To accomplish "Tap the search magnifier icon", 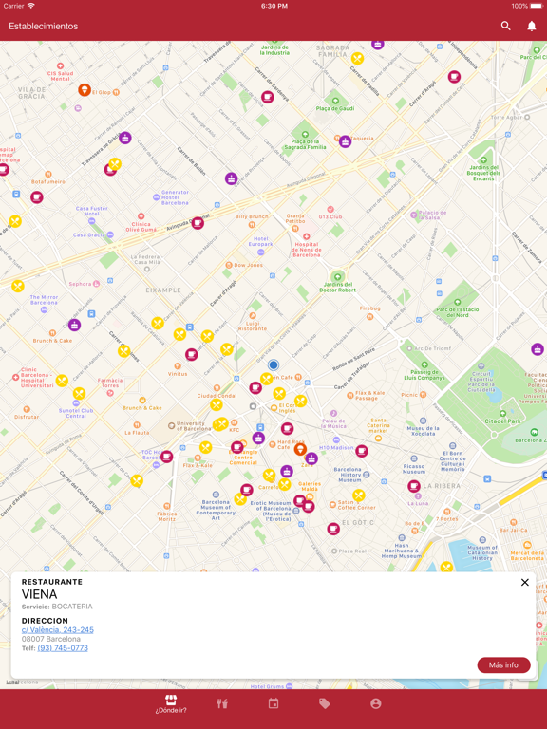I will pyautogui.click(x=506, y=27).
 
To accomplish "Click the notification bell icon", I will pyautogui.click(x=532, y=27).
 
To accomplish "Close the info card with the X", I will pyautogui.click(x=525, y=583).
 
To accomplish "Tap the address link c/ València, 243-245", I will pyautogui.click(x=58, y=630).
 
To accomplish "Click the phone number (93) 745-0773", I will pyautogui.click(x=63, y=648).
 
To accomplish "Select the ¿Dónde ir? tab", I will pyautogui.click(x=171, y=703).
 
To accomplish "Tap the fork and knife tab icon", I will pyautogui.click(x=222, y=704).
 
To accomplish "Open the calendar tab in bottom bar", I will pyautogui.click(x=273, y=704).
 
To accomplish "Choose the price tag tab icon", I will pyautogui.click(x=325, y=704).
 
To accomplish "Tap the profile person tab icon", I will pyautogui.click(x=376, y=704).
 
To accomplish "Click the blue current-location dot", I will pyautogui.click(x=273, y=364).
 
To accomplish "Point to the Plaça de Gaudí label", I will pyautogui.click(x=335, y=108).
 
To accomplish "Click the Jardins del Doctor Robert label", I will pyautogui.click(x=338, y=286).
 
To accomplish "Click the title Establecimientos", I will pyautogui.click(x=44, y=27).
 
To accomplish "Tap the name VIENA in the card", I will pyautogui.click(x=40, y=594).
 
